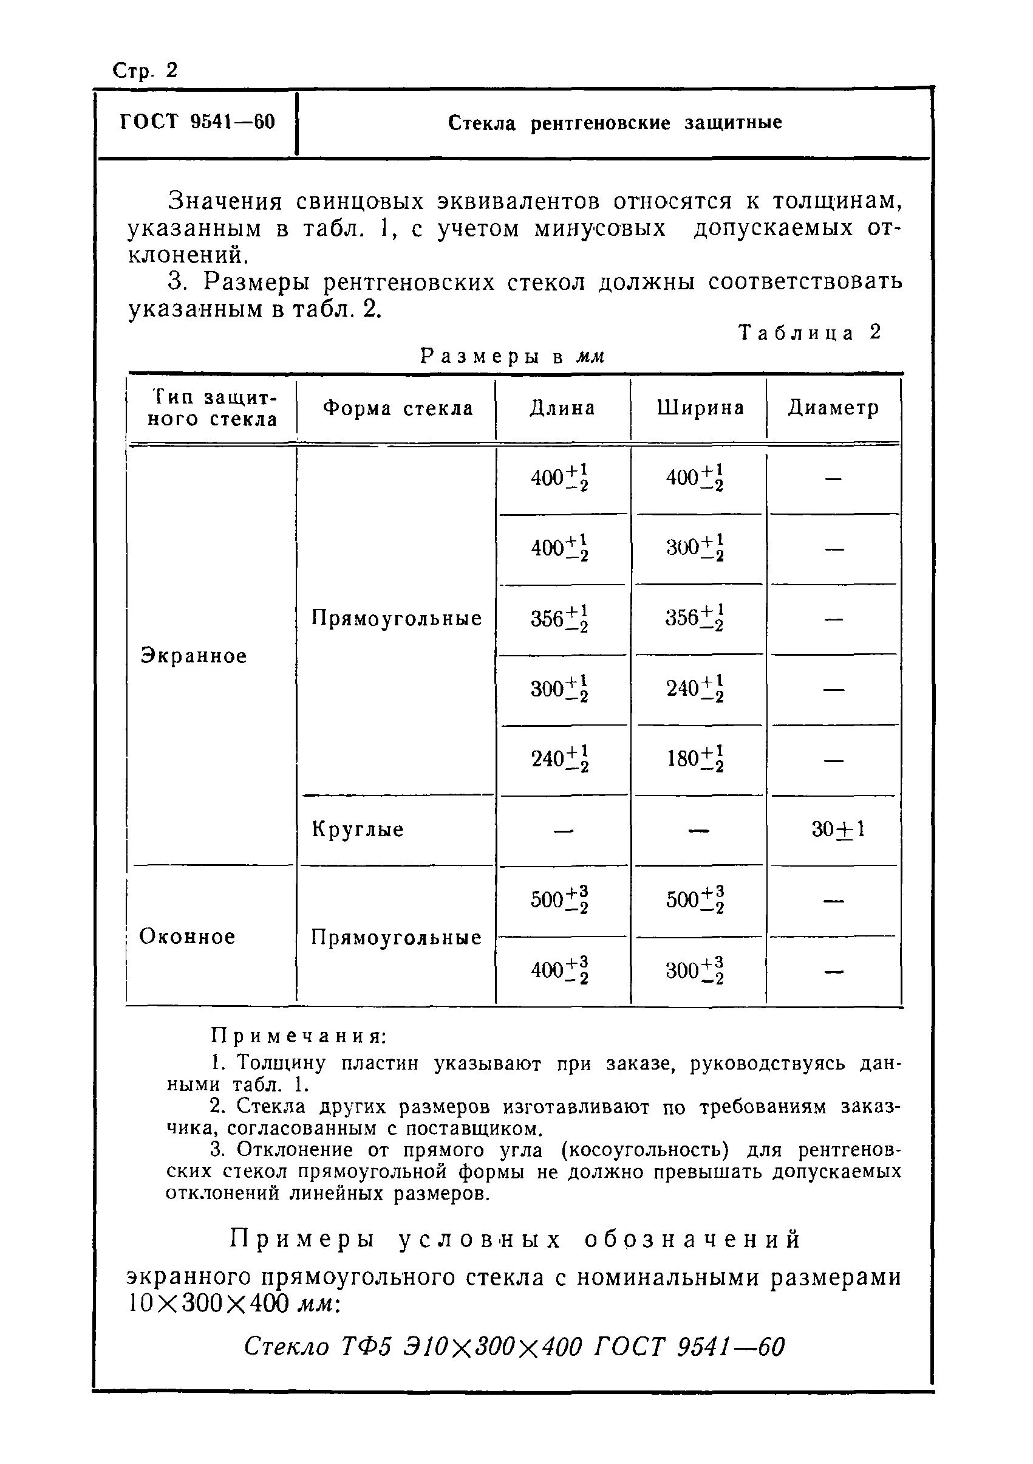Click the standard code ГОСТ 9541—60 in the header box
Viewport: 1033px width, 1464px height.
coord(197,121)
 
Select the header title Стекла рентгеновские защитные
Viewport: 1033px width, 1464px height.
coord(615,122)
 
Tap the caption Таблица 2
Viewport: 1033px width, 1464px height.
coord(810,332)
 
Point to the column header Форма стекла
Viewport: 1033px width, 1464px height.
coord(398,408)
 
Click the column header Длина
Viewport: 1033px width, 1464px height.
coord(562,408)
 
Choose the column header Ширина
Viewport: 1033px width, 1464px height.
coord(700,408)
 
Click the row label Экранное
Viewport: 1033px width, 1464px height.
coord(194,656)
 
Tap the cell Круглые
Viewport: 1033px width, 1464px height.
coord(358,830)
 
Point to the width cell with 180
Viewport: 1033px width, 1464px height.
coord(695,759)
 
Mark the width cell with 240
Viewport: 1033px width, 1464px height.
coord(695,689)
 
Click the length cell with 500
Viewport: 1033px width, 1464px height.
coord(559,899)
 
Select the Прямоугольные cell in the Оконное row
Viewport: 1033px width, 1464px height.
coord(396,937)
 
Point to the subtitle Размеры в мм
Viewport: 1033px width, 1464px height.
coord(512,357)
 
